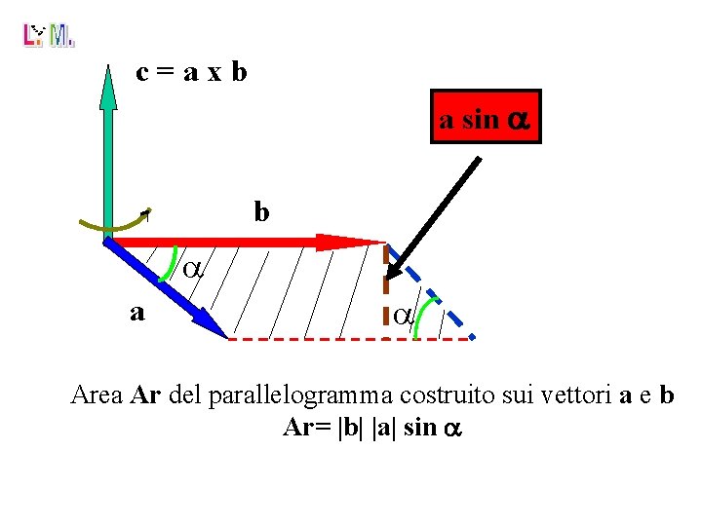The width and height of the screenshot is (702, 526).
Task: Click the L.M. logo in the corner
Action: click(x=48, y=36)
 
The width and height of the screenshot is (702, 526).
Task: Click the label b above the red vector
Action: click(x=261, y=211)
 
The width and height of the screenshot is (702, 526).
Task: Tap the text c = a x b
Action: click(x=191, y=71)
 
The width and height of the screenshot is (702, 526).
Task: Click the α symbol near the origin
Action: click(x=193, y=270)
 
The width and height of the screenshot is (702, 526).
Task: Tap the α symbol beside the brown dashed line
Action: click(x=403, y=316)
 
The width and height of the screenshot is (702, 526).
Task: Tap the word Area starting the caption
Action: click(x=97, y=396)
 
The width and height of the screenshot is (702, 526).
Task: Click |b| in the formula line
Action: click(x=347, y=428)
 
